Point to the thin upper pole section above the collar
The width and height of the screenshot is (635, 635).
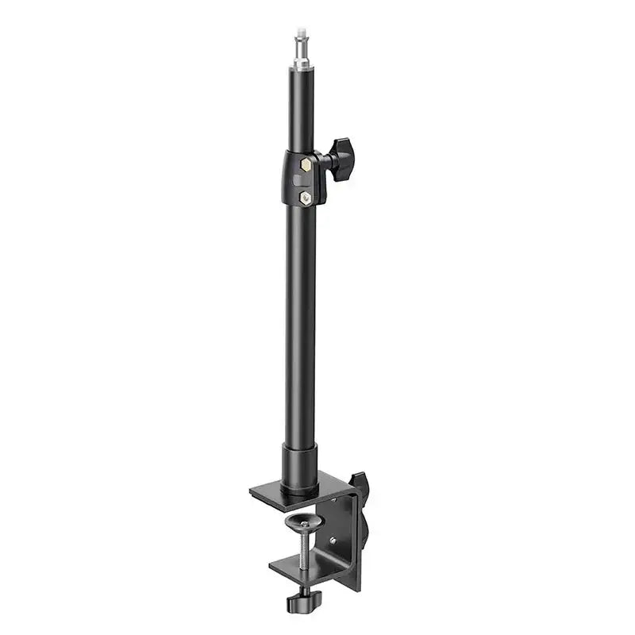[301, 103]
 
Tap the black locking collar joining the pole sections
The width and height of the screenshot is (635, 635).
[302, 179]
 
